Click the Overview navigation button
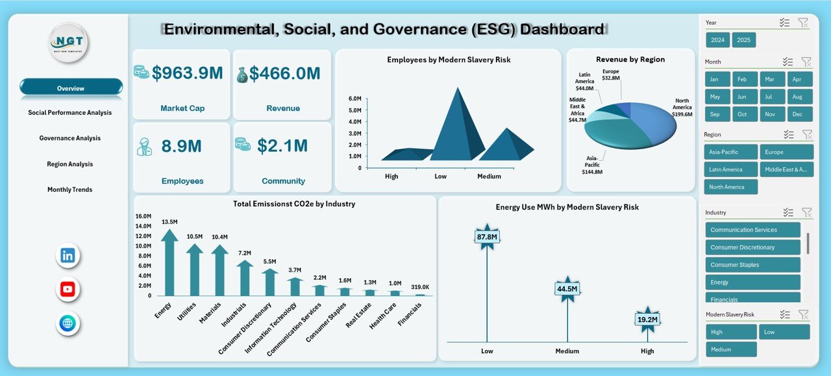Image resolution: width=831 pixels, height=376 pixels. pyautogui.click(x=71, y=88)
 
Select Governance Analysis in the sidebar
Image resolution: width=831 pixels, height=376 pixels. pyautogui.click(x=69, y=138)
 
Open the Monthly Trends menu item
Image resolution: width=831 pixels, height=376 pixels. pyautogui.click(x=69, y=190)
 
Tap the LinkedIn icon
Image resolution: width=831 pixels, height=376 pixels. pyautogui.click(x=68, y=255)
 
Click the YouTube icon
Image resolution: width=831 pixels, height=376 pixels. pyautogui.click(x=68, y=289)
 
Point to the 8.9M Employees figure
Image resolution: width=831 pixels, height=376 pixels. pyautogui.click(x=181, y=146)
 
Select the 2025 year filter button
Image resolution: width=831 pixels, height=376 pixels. pyautogui.click(x=743, y=40)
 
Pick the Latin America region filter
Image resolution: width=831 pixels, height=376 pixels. pyautogui.click(x=730, y=170)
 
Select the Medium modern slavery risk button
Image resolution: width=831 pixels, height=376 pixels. pyautogui.click(x=731, y=349)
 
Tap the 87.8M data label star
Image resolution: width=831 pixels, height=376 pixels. pyautogui.click(x=487, y=237)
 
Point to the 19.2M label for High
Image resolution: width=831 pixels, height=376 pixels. pyautogui.click(x=647, y=319)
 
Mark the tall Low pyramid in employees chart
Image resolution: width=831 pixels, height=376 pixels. pyautogui.click(x=457, y=126)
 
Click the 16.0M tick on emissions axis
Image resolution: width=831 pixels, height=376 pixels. pyautogui.click(x=143, y=216)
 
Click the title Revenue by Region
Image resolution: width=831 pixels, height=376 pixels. pyautogui.click(x=630, y=60)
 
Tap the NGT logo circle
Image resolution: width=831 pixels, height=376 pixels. pyautogui.click(x=68, y=43)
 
